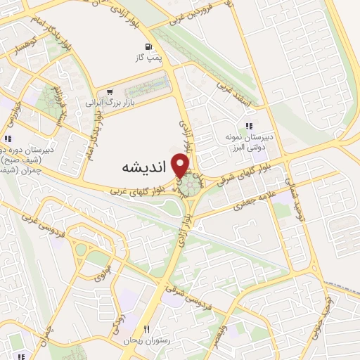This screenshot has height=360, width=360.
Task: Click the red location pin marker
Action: [182, 165]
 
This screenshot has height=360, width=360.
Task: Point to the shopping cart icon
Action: [109, 91]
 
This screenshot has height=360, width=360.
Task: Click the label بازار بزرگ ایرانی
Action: [110, 103]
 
